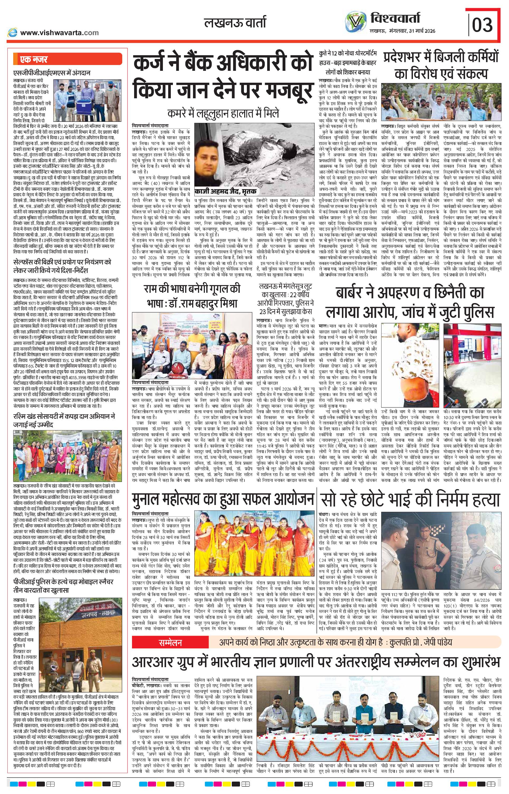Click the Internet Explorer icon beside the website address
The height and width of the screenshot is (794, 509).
click(x=13, y=32)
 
